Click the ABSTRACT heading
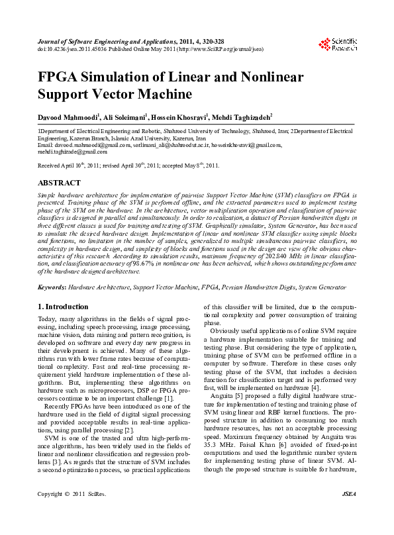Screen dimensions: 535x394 tap(60, 182)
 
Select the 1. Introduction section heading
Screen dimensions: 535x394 tap(63, 307)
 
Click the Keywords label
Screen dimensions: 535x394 tap(52, 289)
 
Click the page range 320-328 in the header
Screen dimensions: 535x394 tap(206, 41)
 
